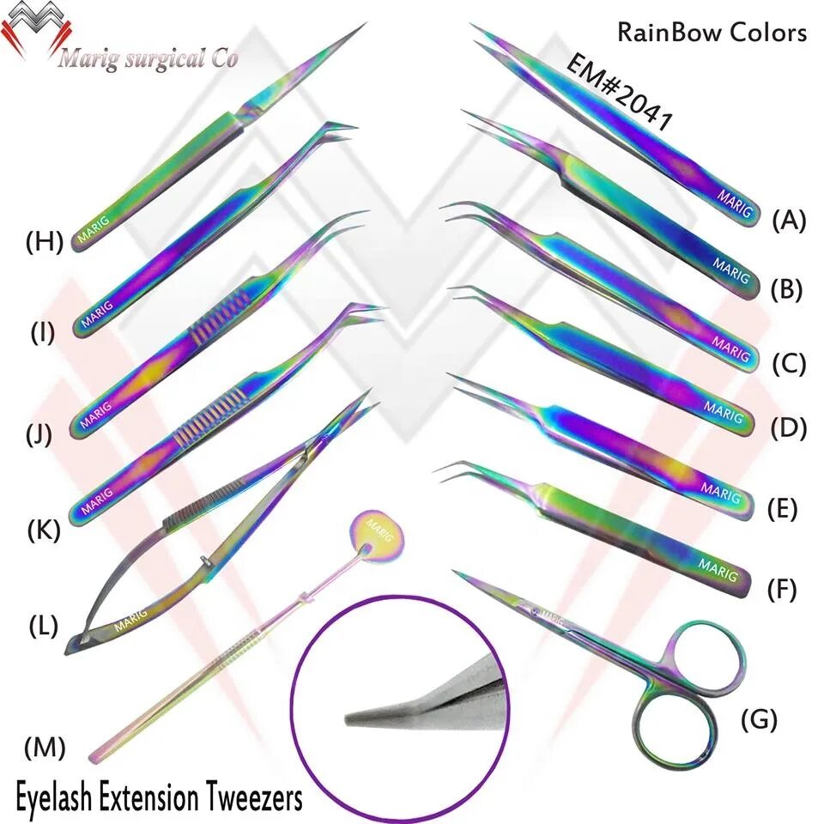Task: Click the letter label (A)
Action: pyautogui.click(x=788, y=221)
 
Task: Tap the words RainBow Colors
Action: pyautogui.click(x=712, y=33)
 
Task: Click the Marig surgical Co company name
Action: pyautogui.click(x=148, y=59)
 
